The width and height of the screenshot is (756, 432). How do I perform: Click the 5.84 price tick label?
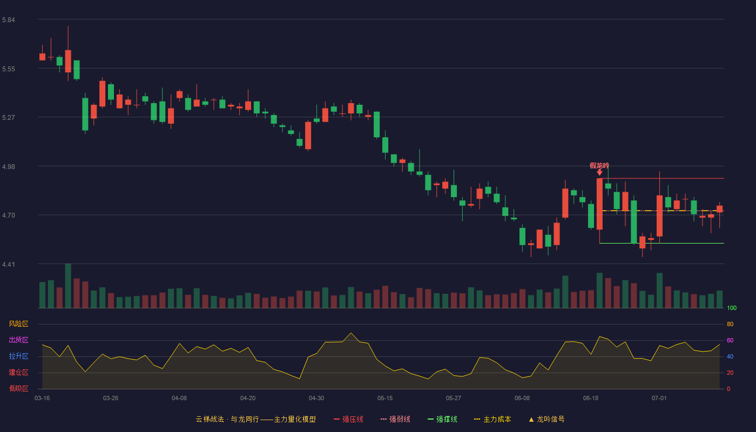9,20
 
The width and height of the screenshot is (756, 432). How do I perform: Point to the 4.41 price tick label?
9,265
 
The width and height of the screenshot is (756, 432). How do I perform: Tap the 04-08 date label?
179,399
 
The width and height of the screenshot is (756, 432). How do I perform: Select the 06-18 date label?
591,399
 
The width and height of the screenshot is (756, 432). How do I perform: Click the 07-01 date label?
659,399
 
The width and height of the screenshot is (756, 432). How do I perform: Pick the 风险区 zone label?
18,324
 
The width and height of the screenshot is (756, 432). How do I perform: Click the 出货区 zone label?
18,340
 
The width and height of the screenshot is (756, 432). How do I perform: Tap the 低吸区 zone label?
18,388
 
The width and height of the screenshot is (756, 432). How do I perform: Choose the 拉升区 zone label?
18,356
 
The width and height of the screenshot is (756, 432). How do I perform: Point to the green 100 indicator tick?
732,308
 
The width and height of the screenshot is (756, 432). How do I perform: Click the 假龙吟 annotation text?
599,166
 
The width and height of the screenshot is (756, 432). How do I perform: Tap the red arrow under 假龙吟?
599,172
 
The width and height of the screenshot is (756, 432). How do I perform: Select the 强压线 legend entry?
348,419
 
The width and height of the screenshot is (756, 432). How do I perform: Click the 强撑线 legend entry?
442,419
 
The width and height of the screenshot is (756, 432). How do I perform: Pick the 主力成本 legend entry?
492,419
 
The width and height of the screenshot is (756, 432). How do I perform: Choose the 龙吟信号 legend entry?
546,419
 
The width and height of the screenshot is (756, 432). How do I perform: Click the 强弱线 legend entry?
395,419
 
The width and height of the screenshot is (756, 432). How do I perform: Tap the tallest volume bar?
68,286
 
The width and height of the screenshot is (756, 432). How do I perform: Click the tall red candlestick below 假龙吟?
599,204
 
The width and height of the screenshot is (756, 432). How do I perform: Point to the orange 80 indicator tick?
730,324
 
